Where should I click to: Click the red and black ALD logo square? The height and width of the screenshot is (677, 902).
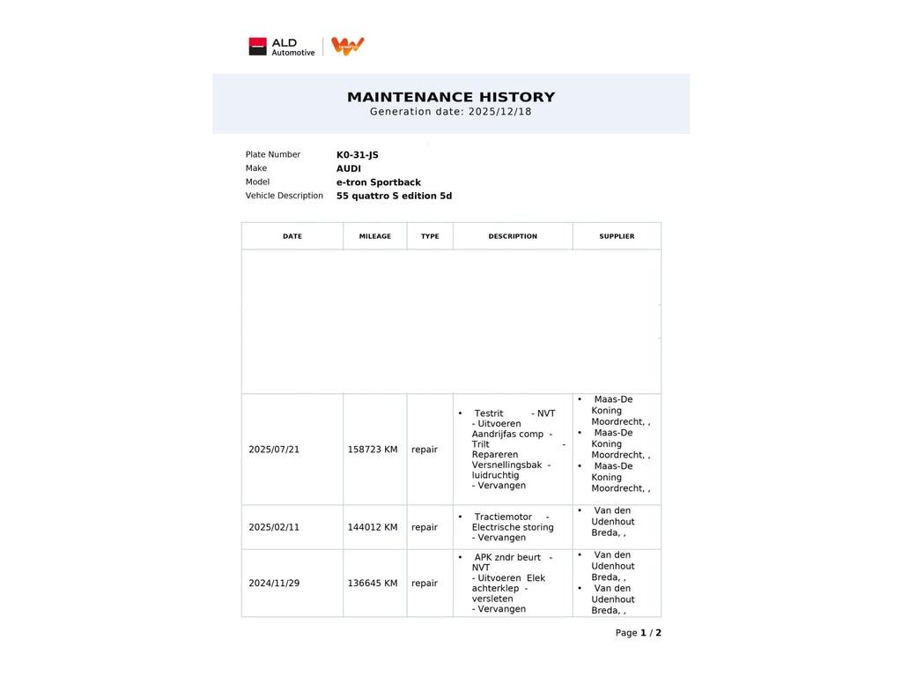257,47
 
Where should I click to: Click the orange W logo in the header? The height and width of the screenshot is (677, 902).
348,46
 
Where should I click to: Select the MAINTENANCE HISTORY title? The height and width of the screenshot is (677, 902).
451,97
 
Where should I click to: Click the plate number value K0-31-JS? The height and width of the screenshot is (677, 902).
358,155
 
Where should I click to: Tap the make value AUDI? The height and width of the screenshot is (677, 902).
349,168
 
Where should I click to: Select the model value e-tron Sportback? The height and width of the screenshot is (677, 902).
379,182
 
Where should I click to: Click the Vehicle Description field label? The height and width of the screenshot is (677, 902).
285,196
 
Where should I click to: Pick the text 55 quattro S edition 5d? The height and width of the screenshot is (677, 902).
394,196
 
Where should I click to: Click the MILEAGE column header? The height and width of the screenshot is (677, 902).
375,236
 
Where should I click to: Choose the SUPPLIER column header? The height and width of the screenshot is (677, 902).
617,236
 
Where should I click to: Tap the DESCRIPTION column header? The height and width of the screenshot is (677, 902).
513,236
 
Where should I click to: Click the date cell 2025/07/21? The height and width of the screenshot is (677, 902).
274,450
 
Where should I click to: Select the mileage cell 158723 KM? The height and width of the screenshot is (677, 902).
373,450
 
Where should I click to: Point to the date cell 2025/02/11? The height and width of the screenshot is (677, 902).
274,527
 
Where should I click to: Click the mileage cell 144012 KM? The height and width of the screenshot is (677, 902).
373,527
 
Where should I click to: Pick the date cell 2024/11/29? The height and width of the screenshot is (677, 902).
274,584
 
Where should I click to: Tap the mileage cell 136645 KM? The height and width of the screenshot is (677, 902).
373,584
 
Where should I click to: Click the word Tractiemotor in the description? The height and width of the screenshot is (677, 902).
503,517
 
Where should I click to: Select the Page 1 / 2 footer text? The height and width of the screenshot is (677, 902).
639,633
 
